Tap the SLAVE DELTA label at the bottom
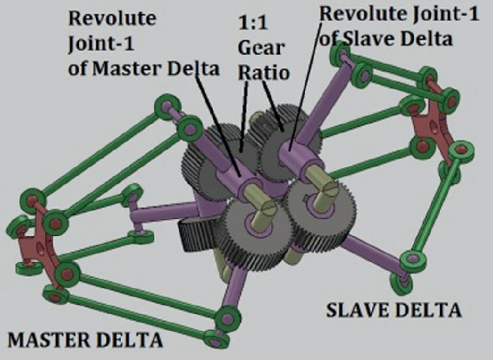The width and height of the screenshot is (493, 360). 393,311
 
